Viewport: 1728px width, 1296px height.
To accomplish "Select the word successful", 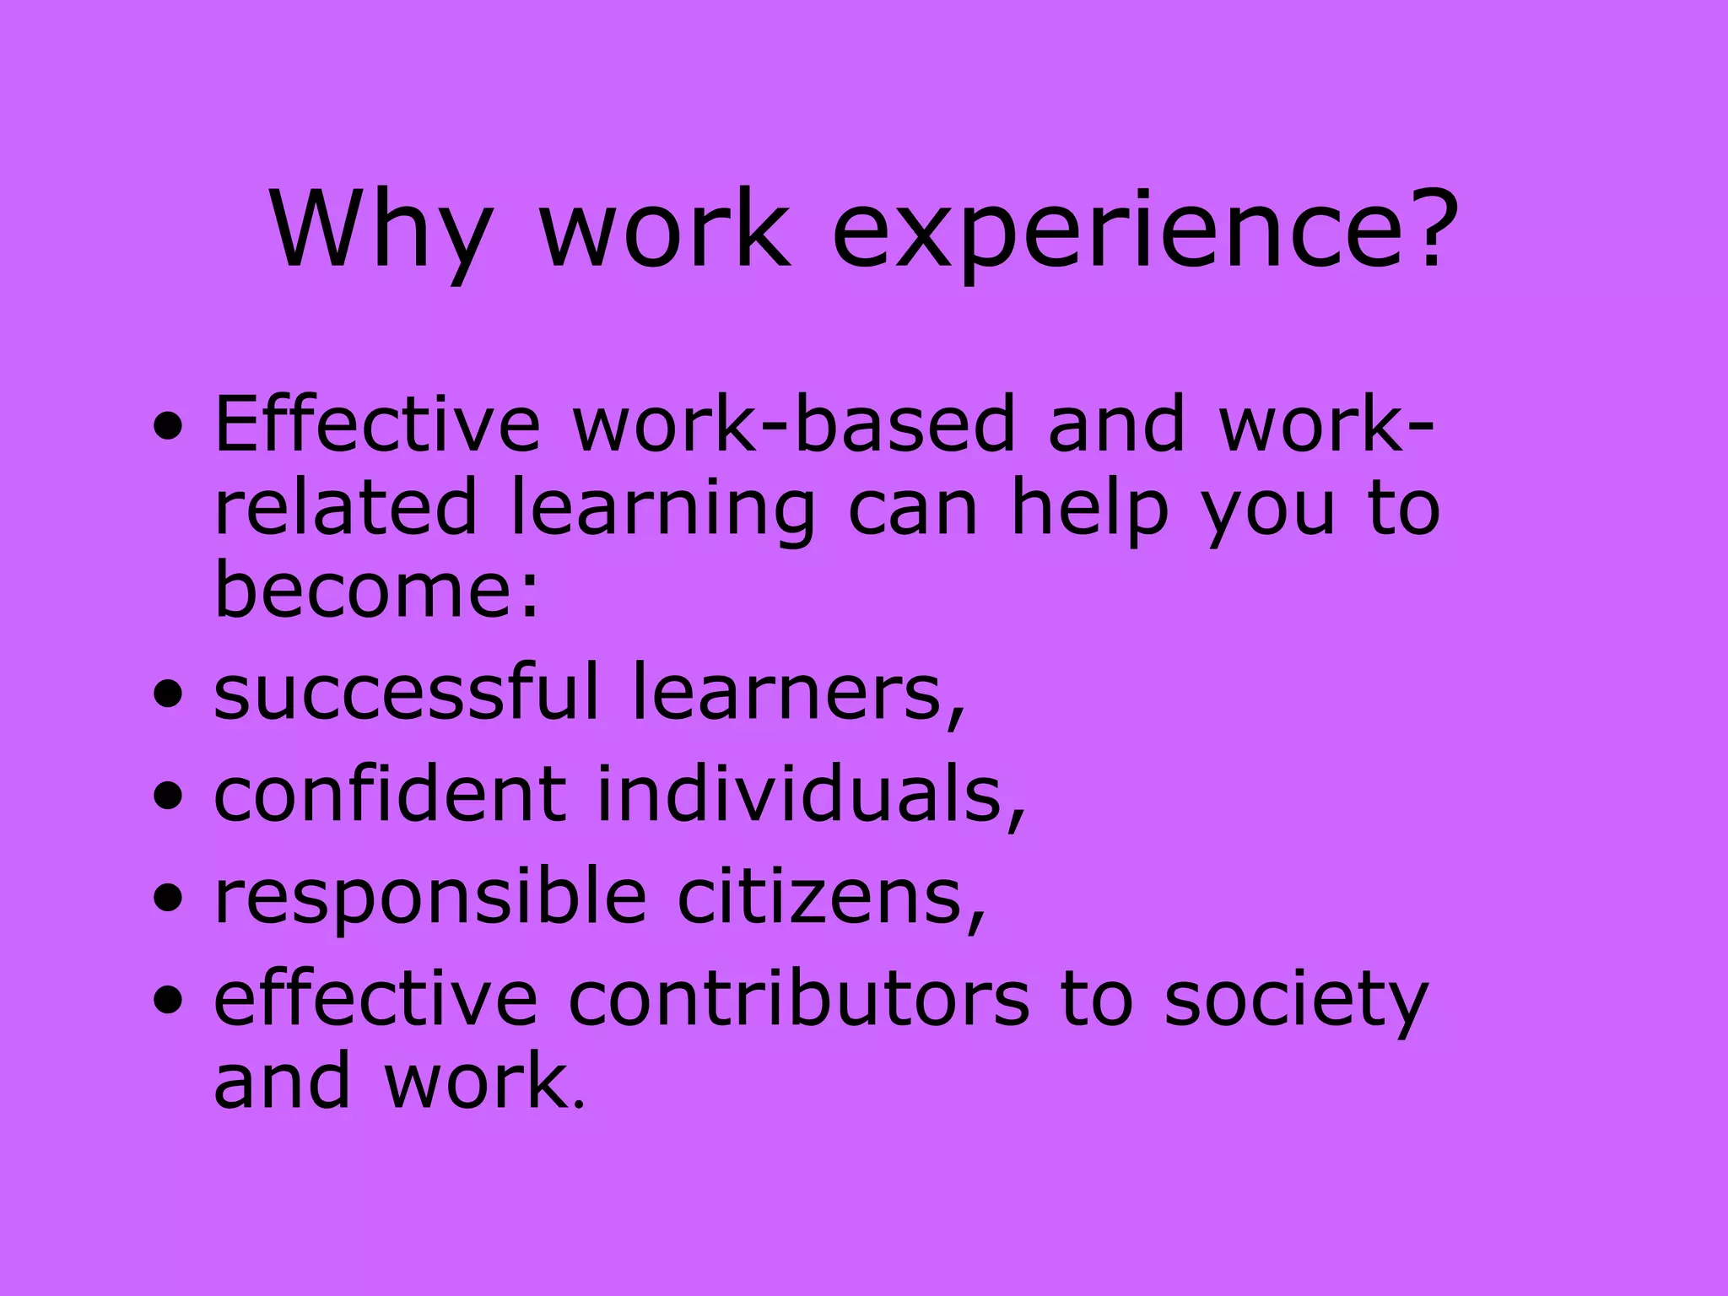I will pyautogui.click(x=406, y=692).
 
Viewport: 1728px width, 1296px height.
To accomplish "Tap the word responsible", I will pyautogui.click(x=430, y=896).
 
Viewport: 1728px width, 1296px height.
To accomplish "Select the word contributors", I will pyautogui.click(x=798, y=1000).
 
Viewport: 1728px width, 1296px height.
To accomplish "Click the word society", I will pyautogui.click(x=1295, y=1000).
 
